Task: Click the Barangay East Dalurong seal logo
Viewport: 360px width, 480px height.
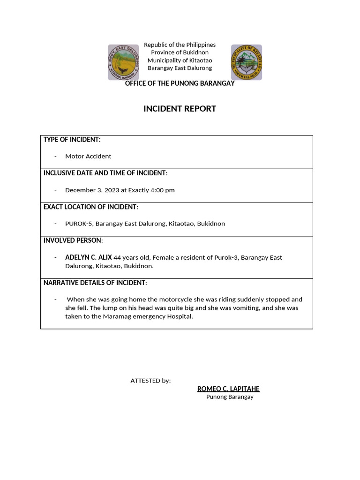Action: [x=124, y=62]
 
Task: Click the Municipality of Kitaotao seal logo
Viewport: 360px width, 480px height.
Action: [x=247, y=62]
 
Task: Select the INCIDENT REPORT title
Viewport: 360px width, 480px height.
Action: [x=180, y=109]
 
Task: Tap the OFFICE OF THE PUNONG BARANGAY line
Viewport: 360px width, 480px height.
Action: [x=180, y=83]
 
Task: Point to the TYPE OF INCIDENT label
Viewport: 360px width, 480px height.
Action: [x=72, y=140]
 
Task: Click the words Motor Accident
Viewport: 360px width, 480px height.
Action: [x=88, y=156]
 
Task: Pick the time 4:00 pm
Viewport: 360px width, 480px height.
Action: [x=162, y=190]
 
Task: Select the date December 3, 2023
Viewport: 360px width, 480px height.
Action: [x=92, y=190]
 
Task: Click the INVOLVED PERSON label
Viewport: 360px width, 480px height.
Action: [x=73, y=240]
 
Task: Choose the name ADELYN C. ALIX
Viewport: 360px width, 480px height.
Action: [x=89, y=257]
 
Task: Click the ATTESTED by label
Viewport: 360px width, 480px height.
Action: [x=150, y=381]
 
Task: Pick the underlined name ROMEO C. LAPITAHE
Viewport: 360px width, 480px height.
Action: [x=228, y=389]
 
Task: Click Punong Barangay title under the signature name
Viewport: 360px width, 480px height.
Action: [x=230, y=397]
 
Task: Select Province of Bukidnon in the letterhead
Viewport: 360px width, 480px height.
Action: [x=180, y=52]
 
